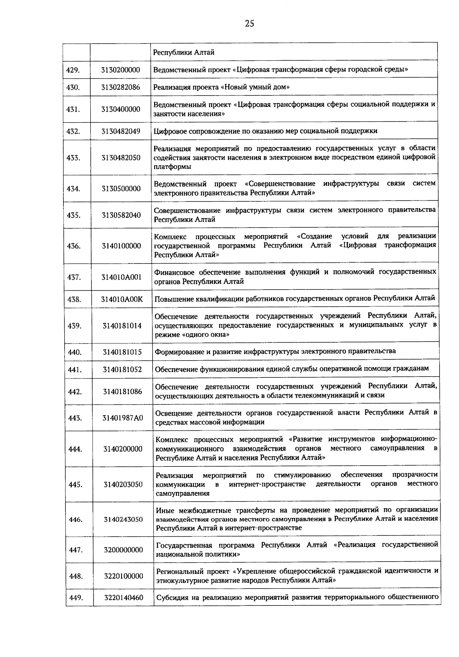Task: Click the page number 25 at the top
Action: point(249,24)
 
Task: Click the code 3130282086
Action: point(121,87)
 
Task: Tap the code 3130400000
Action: point(121,109)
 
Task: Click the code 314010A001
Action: point(121,277)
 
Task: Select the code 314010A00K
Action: point(122,299)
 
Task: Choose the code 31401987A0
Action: point(122,418)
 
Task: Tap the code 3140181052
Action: point(122,369)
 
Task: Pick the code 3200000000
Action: point(123,550)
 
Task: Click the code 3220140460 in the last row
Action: point(124,597)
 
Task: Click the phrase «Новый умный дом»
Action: point(255,87)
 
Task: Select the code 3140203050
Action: point(123,484)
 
